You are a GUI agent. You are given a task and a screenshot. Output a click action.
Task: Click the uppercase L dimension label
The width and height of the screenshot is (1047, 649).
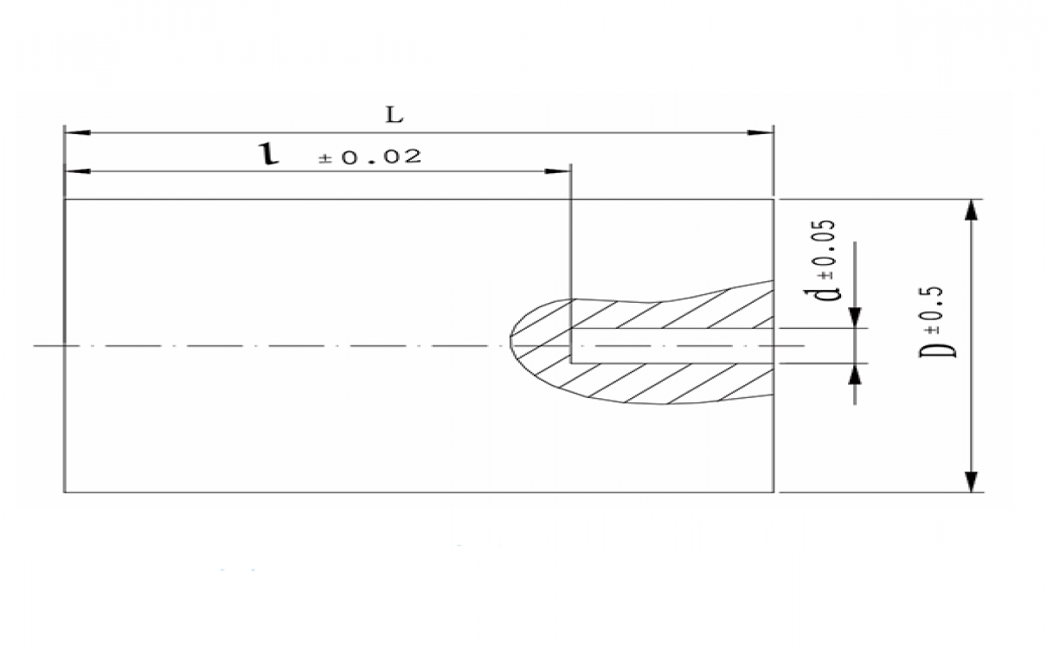click(x=395, y=115)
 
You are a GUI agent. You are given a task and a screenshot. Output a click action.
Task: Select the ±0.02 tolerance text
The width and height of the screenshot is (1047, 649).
click(x=369, y=157)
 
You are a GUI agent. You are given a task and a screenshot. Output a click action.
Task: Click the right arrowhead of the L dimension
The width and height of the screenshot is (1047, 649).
click(x=761, y=132)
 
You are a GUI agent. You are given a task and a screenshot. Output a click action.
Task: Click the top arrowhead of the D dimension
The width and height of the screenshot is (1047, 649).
click(x=971, y=210)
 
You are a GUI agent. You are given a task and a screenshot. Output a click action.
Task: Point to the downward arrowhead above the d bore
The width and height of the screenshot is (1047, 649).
click(x=854, y=318)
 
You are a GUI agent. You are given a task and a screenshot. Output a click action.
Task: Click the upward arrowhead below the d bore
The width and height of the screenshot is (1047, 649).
click(x=854, y=374)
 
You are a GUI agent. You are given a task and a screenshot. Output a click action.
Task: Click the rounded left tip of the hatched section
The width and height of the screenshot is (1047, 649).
click(x=512, y=344)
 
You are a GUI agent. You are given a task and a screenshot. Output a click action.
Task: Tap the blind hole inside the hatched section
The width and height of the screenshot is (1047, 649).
click(x=671, y=346)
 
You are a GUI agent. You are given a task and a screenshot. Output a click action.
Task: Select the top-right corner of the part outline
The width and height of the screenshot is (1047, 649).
click(x=773, y=200)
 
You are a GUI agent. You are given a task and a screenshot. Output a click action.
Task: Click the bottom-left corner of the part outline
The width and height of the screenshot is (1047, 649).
click(x=65, y=492)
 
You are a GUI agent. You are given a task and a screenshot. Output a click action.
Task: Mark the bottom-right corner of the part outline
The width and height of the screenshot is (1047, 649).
click(x=773, y=492)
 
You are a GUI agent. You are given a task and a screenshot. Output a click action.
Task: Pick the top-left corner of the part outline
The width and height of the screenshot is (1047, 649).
click(x=65, y=200)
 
